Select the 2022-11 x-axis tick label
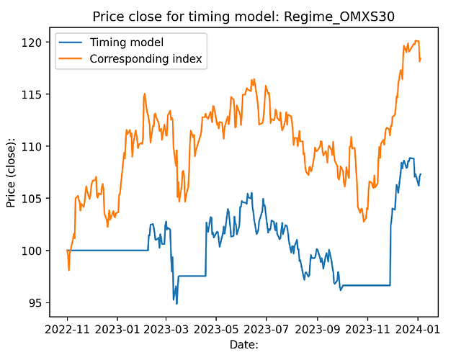pyautogui.click(x=67, y=330)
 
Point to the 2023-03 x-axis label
pyautogui.click(x=166, y=330)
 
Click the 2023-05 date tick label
pyautogui.click(x=216, y=330)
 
